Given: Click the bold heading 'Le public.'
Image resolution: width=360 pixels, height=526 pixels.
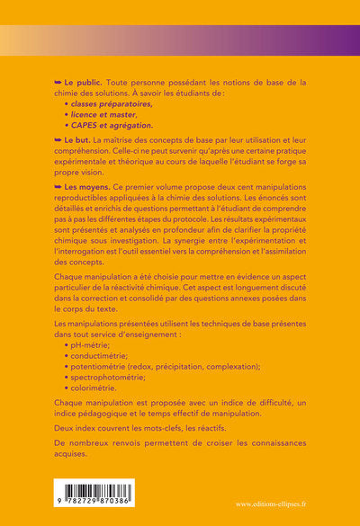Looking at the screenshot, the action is click(83, 82).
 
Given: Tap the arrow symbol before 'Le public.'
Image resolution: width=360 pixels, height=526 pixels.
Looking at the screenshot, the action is click(58, 82).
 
